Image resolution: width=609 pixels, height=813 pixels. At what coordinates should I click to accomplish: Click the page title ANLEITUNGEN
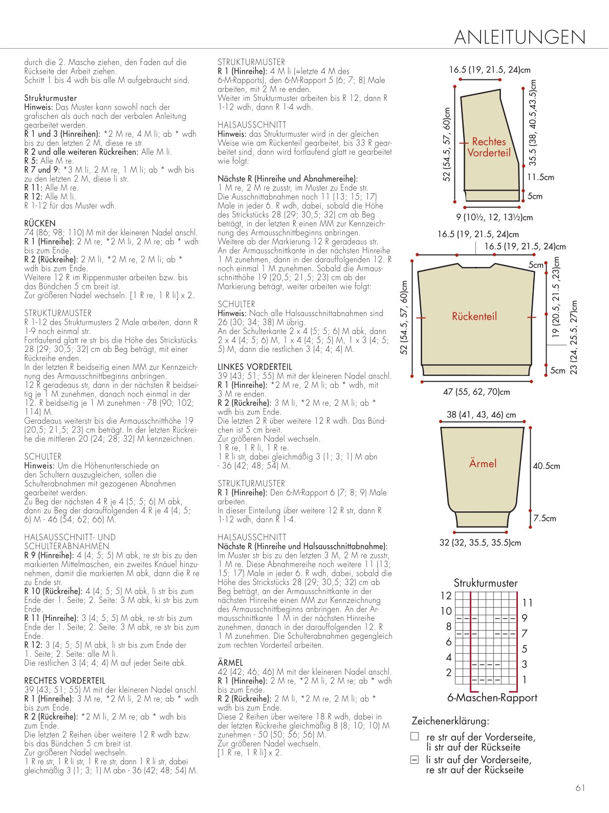(520, 37)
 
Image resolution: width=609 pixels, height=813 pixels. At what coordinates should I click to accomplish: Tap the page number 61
(580, 788)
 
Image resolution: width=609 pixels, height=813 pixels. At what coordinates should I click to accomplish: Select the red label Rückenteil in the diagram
(474, 316)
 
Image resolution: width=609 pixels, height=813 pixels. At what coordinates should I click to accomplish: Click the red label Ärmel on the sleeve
(483, 463)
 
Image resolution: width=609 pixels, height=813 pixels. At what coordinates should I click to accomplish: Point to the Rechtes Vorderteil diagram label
(488, 147)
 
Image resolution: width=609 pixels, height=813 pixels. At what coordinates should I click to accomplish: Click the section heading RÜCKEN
(40, 223)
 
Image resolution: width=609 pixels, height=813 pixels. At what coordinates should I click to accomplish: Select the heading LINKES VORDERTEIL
(254, 367)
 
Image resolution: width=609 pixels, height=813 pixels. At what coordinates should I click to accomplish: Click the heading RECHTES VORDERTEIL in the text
(65, 680)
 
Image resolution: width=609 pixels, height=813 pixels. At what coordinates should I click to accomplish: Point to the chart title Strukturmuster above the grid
(486, 583)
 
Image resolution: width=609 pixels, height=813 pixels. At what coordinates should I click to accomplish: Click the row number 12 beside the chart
(446, 596)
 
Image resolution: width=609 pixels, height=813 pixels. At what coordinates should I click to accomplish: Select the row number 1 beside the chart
(524, 680)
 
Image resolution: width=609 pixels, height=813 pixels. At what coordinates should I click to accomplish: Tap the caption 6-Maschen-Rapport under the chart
(492, 698)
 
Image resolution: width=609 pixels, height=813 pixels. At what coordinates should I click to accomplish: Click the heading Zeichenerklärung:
(450, 721)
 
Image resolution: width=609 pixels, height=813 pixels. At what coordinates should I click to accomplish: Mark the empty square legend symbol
(415, 736)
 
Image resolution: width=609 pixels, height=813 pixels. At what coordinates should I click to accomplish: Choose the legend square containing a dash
(415, 760)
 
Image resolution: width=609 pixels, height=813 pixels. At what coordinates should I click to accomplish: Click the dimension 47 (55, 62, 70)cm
(476, 391)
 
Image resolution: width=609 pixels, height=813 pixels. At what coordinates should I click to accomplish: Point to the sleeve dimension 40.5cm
(547, 466)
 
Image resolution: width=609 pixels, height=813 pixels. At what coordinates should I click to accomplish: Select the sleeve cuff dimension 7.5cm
(545, 518)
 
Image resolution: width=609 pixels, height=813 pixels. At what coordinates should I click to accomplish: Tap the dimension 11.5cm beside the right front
(540, 177)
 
